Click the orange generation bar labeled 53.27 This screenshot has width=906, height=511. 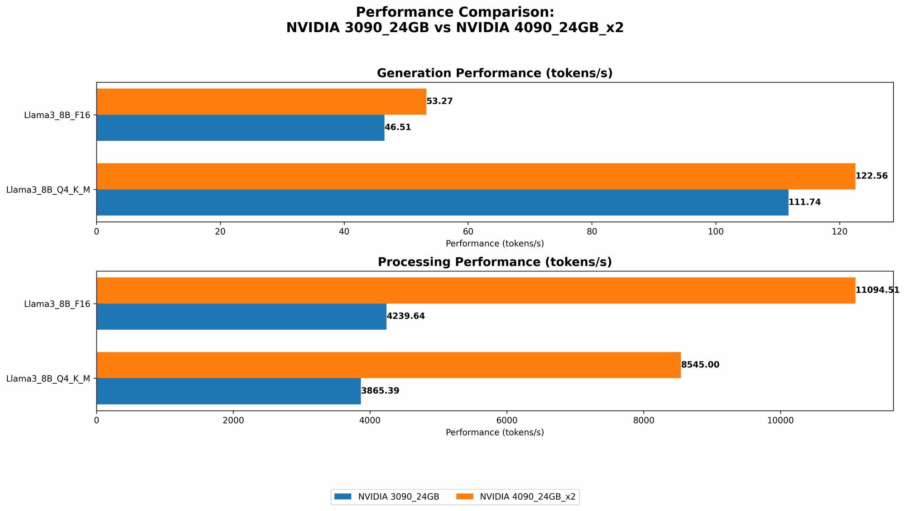tap(261, 101)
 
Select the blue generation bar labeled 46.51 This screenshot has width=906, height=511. tap(240, 128)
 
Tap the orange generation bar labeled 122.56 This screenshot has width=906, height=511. tap(476, 176)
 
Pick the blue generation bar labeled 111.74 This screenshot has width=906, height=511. tap(442, 202)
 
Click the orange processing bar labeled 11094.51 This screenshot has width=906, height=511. tap(476, 290)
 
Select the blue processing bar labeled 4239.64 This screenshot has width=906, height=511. tap(241, 317)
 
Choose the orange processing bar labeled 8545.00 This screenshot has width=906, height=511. tap(389, 365)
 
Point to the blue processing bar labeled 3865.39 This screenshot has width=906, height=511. tap(228, 391)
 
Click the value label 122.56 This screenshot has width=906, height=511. tap(872, 176)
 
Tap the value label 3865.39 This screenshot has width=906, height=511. tap(380, 391)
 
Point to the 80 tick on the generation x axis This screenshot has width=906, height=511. tap(592, 231)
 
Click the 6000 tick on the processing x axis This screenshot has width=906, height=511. tap(507, 420)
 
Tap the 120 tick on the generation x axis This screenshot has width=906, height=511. tap(839, 231)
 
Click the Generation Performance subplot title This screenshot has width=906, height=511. tap(495, 73)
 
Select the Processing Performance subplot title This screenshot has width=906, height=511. tap(495, 262)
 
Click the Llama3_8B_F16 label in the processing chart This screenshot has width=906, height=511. tap(57, 304)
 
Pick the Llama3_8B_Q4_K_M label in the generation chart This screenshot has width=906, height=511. tap(48, 190)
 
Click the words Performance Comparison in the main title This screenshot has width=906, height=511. tap(455, 12)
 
